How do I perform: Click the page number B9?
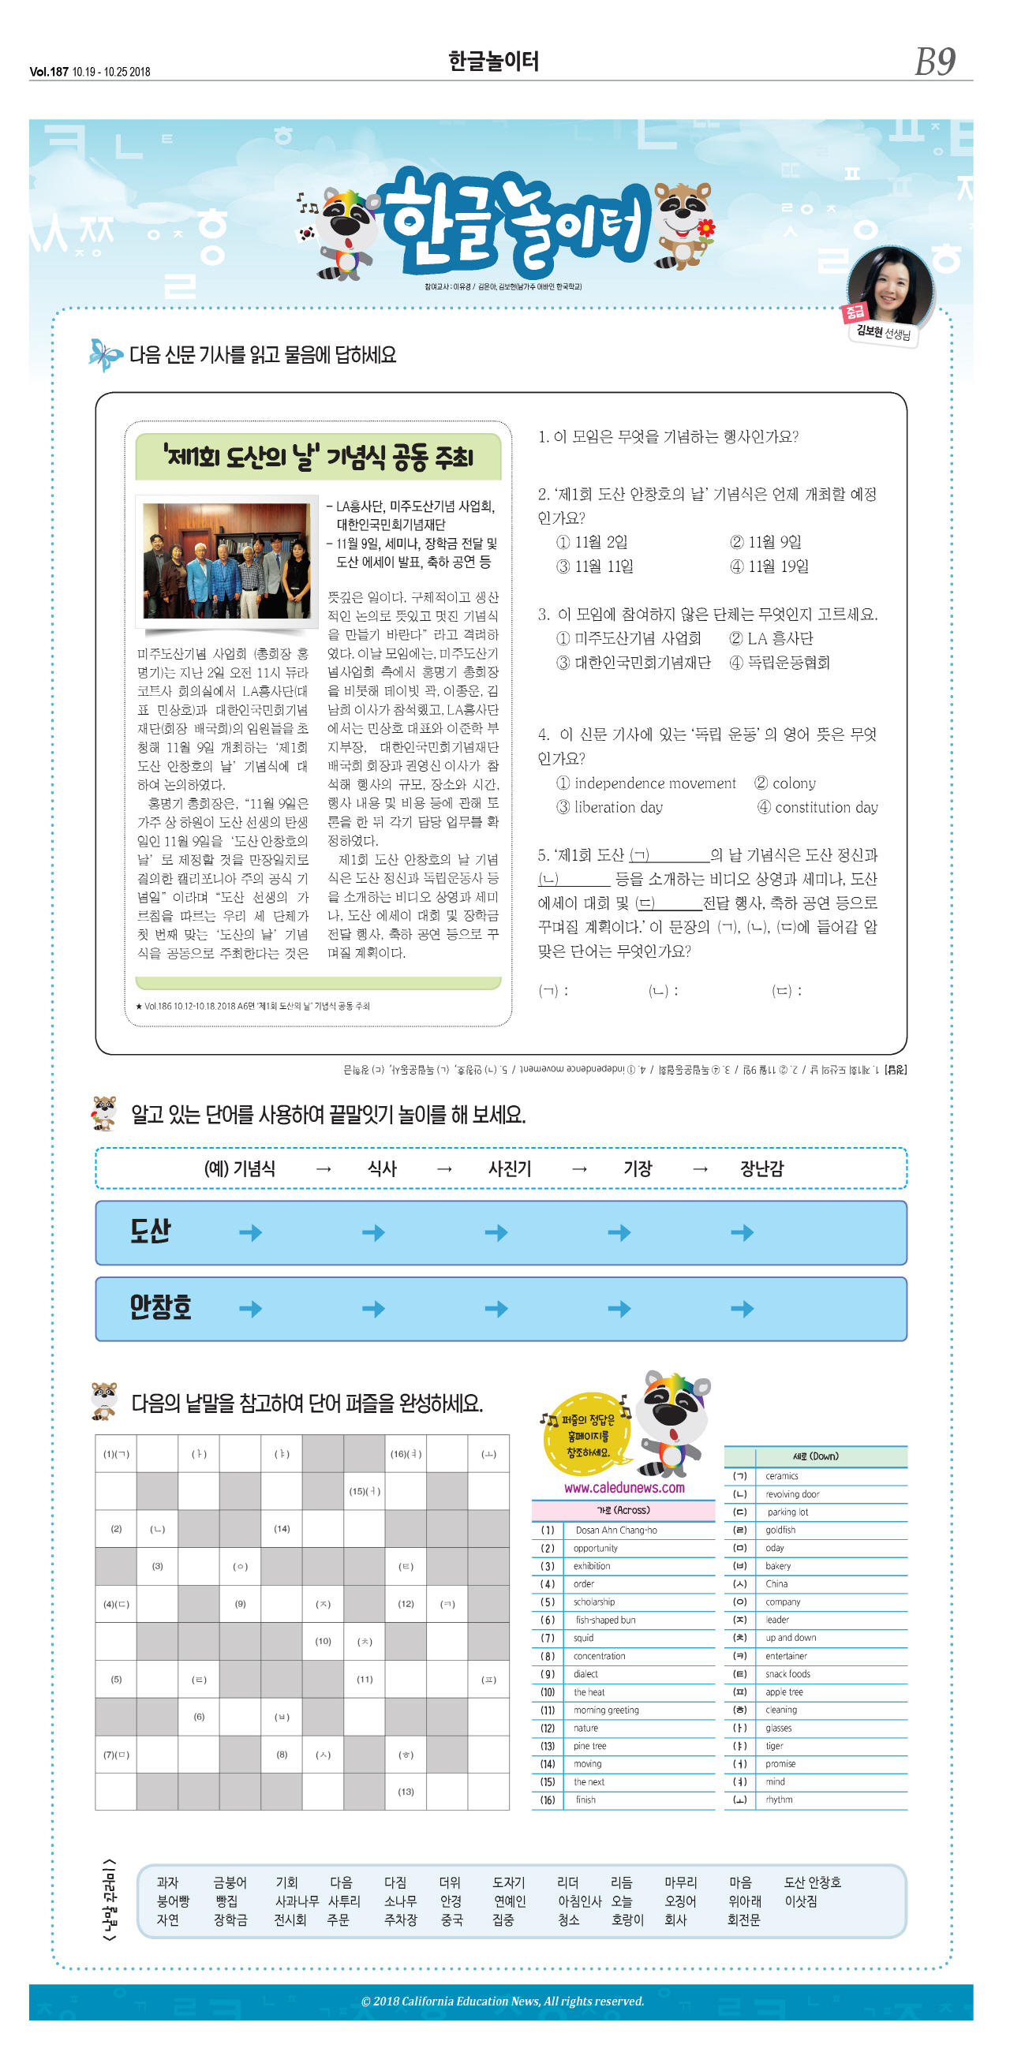pos(934,62)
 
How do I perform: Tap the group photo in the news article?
pos(226,561)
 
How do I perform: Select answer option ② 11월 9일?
pos(766,543)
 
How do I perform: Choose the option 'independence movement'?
pos(646,783)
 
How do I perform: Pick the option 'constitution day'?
pos(818,807)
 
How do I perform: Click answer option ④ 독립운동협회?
pos(780,663)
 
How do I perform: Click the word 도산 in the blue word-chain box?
pos(151,1231)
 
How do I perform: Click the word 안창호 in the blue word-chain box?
pos(160,1307)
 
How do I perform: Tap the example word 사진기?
pos(510,1168)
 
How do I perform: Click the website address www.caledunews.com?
pos(624,1488)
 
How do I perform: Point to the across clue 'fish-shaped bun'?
pos(605,1620)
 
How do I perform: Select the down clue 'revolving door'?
pos(791,1494)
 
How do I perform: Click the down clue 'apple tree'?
pos(784,1692)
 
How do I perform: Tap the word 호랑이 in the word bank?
pos(627,1920)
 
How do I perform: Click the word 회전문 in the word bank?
pos(743,1920)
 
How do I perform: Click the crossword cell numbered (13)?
pos(406,1792)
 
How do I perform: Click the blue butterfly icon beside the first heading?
pos(105,355)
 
